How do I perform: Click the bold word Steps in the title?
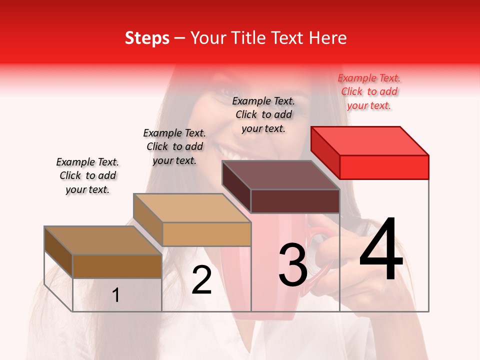pos(147,38)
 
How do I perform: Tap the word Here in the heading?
pos(328,38)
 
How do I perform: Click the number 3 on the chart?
pos(292,264)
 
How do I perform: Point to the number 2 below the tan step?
pos(201,279)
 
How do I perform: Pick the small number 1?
pos(116,295)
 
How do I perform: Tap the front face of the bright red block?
pos(384,167)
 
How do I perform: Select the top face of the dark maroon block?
pos(281,175)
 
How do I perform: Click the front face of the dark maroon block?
pos(295,201)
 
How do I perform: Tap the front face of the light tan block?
pos(206,234)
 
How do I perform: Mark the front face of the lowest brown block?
pos(117,266)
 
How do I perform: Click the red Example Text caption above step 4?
pos(369,91)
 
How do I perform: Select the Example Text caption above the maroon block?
pos(263,114)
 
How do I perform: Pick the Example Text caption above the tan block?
pos(174,146)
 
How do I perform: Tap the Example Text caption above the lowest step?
pos(87,175)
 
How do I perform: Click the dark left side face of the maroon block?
pos(236,187)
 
